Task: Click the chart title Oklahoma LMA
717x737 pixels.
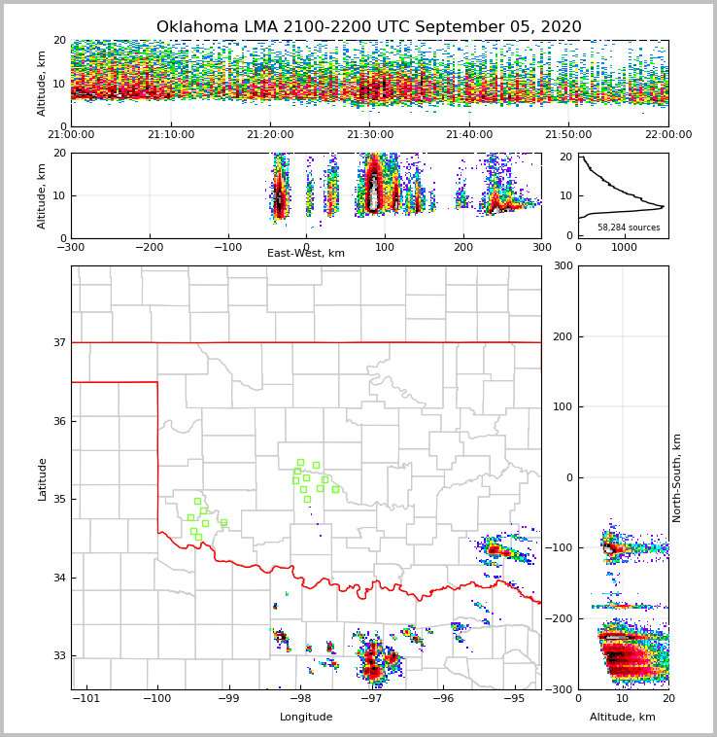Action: coord(368,27)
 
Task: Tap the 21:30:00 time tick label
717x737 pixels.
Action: coord(370,135)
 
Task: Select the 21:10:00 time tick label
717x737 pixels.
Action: coord(171,135)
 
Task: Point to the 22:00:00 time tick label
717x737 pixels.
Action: coord(667,135)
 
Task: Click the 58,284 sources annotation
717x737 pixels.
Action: coord(629,228)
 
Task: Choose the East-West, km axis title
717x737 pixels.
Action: coord(306,254)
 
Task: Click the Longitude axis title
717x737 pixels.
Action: coord(306,718)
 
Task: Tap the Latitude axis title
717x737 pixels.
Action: coord(42,478)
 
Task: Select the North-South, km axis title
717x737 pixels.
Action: coord(677,477)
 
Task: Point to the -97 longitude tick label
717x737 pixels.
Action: coord(371,698)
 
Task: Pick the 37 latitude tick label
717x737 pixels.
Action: coord(59,342)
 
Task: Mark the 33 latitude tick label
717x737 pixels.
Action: coord(59,656)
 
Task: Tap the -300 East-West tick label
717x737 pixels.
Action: coord(71,247)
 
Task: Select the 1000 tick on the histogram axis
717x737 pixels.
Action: coord(623,247)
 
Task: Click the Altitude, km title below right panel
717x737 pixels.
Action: coord(623,718)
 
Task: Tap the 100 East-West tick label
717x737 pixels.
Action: coord(385,247)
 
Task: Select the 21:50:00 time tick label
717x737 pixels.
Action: coord(568,135)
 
